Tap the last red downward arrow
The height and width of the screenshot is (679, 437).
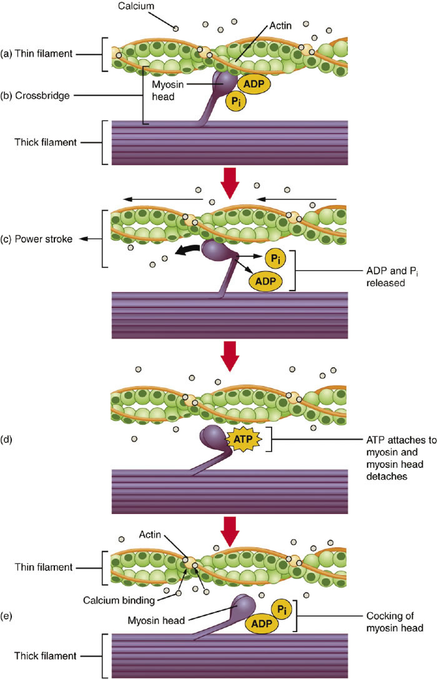pyautogui.click(x=230, y=531)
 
